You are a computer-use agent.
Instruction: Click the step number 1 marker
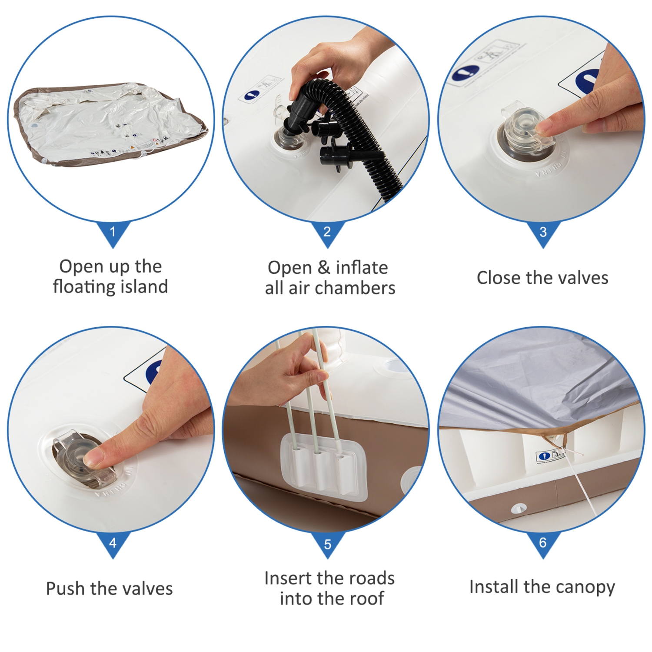coord(113,232)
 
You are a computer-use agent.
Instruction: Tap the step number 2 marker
coord(327,232)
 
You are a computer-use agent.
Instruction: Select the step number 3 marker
coord(543,232)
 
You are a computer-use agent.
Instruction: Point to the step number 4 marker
coord(113,542)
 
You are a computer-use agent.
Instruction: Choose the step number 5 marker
coord(327,544)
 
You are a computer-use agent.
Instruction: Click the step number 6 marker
coord(543,542)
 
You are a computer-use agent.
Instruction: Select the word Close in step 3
coord(498,278)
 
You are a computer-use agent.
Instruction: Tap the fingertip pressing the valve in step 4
coord(93,458)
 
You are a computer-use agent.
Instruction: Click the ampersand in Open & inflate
coord(324,268)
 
